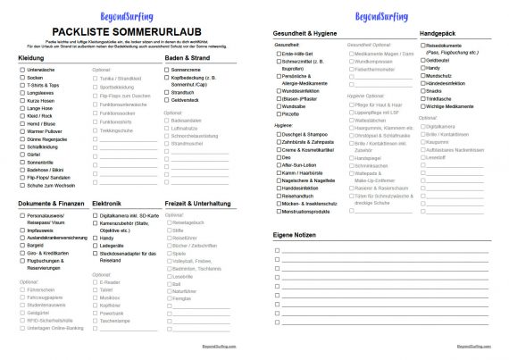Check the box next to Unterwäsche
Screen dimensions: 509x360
tap(22, 70)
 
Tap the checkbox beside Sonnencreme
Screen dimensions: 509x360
tap(168, 70)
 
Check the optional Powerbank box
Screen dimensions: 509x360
tap(96, 314)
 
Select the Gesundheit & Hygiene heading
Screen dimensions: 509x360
tap(305, 32)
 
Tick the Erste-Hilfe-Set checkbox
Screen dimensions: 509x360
tap(277, 53)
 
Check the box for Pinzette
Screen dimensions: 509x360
tap(277, 113)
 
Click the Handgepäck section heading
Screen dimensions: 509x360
tap(438, 32)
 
